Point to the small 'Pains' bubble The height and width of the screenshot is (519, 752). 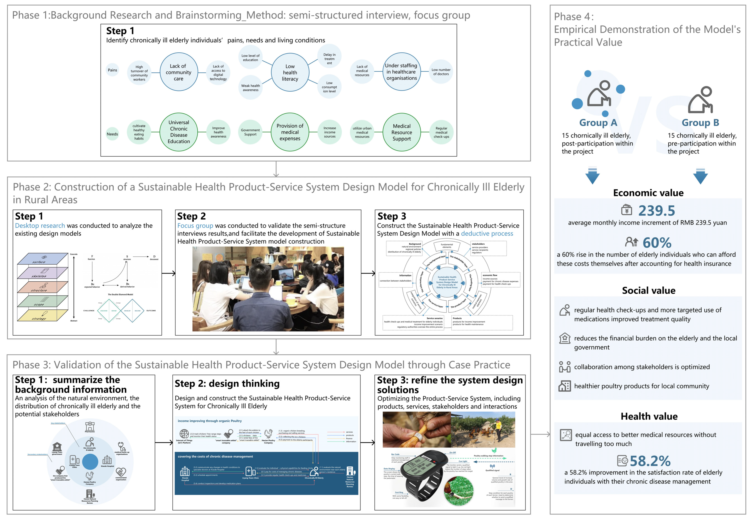pos(112,70)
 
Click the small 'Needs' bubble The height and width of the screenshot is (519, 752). pos(112,134)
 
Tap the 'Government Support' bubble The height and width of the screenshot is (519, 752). pos(250,132)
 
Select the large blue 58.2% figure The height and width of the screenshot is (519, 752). pos(650,461)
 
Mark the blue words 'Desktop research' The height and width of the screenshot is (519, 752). pos(40,225)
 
